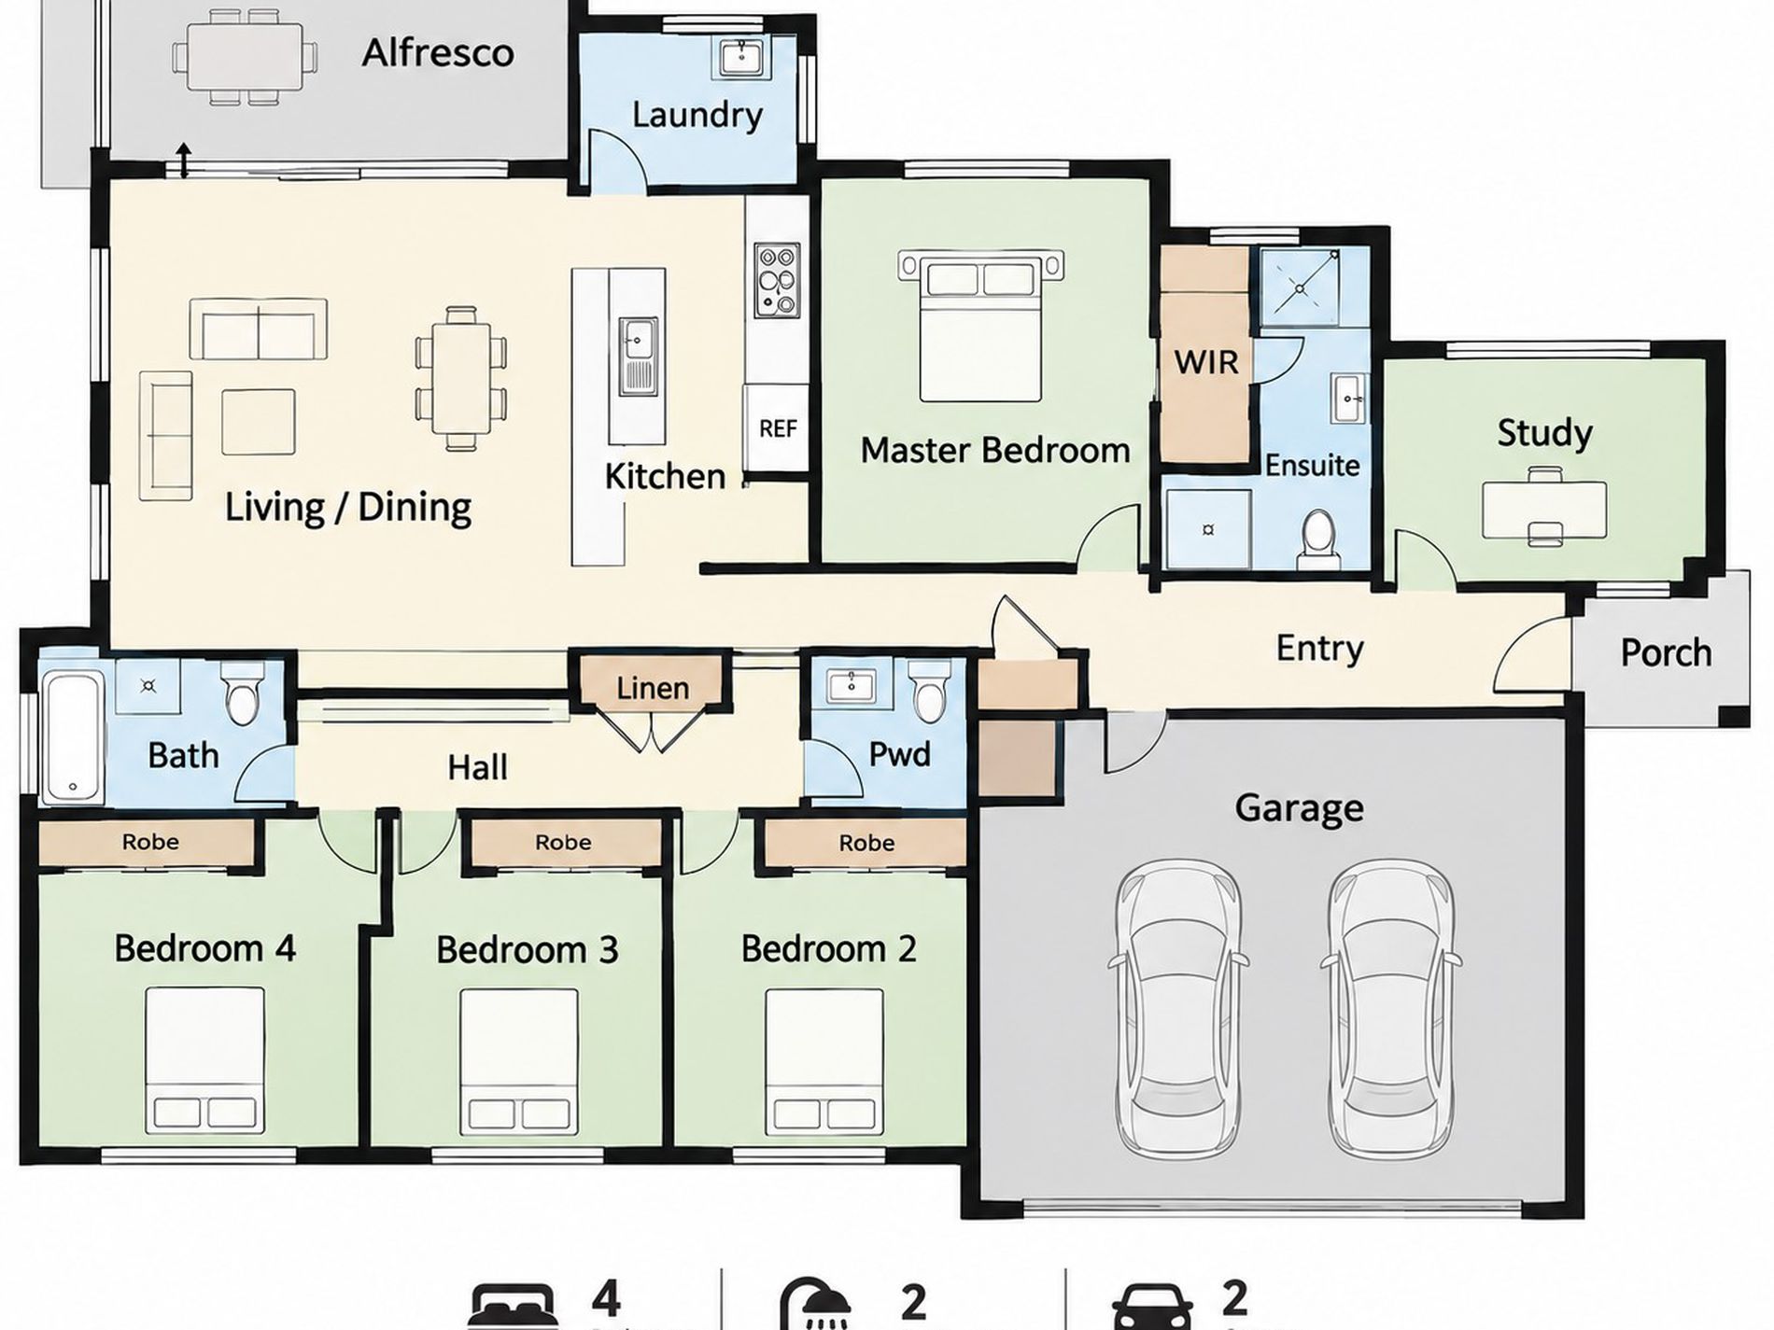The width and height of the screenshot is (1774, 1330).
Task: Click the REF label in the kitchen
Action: tap(778, 428)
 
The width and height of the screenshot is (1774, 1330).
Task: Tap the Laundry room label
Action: tap(697, 115)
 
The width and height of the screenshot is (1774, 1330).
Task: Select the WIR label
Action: tap(1205, 361)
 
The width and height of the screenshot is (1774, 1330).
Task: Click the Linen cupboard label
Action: tap(653, 689)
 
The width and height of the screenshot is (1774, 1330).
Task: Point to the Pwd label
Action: tap(899, 754)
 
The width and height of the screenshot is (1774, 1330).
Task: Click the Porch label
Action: tap(1666, 652)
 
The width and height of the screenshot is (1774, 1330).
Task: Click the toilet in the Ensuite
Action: tap(1318, 539)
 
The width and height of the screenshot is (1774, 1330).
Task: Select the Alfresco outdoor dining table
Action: tap(244, 56)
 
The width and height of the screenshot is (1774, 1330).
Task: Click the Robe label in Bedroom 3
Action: tap(563, 842)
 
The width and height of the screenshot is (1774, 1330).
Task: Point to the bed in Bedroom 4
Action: tap(204, 1060)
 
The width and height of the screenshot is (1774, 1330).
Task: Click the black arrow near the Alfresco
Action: tap(184, 160)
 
